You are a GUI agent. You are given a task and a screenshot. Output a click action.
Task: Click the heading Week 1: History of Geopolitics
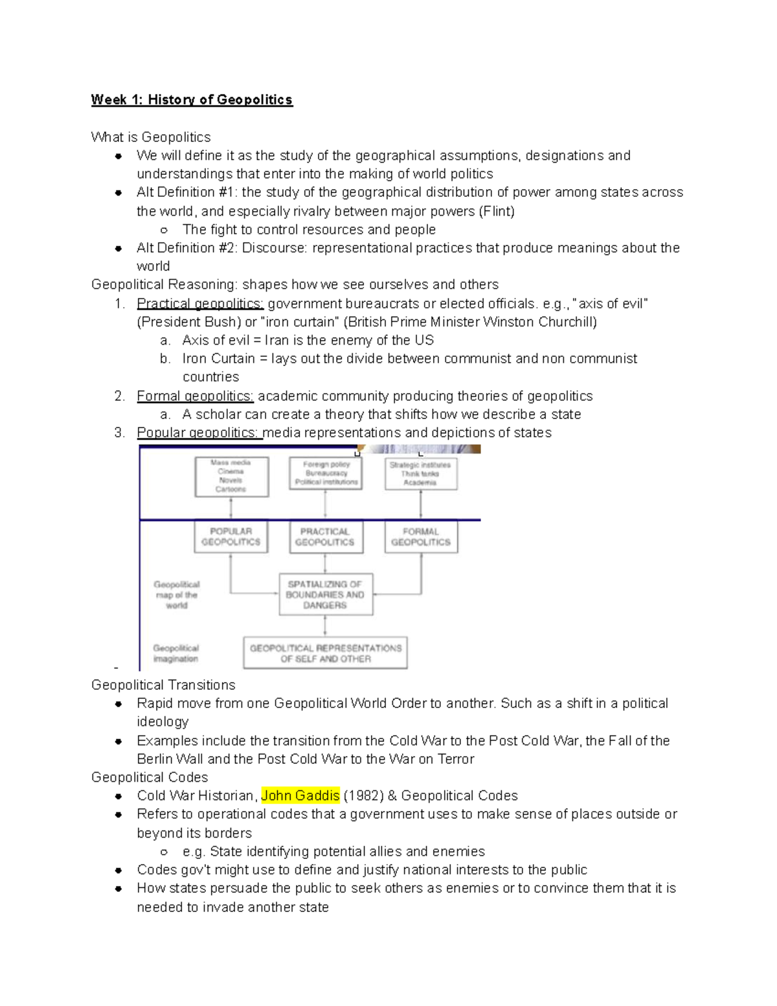click(192, 100)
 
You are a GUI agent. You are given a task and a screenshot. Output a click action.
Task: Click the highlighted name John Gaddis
click(300, 795)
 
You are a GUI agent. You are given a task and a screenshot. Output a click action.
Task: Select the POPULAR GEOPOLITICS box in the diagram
click(231, 537)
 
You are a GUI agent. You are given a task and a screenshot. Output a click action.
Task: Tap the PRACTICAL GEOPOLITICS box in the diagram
click(325, 537)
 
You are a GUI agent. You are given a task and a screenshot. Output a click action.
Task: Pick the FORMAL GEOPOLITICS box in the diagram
click(421, 537)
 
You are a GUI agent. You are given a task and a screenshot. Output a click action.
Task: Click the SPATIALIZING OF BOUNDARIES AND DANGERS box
click(325, 595)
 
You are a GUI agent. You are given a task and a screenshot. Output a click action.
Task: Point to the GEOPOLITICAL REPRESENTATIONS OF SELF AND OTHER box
click(325, 653)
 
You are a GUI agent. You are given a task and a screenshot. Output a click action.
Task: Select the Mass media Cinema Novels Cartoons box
click(231, 476)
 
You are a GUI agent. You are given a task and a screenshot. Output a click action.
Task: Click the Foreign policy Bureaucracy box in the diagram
click(326, 474)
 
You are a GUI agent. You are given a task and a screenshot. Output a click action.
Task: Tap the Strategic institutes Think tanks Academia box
click(420, 474)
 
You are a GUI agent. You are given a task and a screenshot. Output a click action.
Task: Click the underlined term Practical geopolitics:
click(200, 304)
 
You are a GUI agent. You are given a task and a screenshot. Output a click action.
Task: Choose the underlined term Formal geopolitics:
click(195, 396)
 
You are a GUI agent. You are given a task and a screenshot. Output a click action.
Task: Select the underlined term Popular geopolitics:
click(199, 433)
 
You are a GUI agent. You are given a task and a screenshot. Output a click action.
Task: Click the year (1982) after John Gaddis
click(364, 795)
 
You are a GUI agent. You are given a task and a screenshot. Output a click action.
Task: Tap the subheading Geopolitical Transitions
click(163, 685)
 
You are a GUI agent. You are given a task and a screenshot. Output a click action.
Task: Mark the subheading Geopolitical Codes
click(150, 777)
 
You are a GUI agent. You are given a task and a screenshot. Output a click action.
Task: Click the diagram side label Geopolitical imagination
click(176, 653)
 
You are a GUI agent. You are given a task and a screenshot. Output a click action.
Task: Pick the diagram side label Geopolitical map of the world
click(176, 595)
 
